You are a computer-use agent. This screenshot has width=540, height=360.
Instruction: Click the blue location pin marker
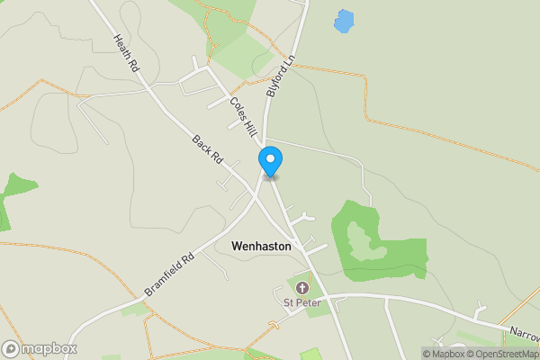pyautogui.click(x=270, y=160)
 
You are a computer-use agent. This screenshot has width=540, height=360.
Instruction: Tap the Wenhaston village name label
pyautogui.click(x=261, y=245)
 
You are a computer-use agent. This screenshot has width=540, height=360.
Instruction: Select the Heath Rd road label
pyautogui.click(x=126, y=54)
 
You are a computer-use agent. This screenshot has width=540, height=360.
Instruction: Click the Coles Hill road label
pyautogui.click(x=242, y=115)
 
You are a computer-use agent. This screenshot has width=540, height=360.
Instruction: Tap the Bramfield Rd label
pyautogui.click(x=168, y=274)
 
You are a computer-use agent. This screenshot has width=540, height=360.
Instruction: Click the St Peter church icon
pyautogui.click(x=301, y=288)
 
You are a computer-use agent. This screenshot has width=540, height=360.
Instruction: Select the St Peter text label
pyautogui.click(x=301, y=302)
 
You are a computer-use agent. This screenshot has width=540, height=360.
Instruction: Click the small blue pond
pyautogui.click(x=343, y=21)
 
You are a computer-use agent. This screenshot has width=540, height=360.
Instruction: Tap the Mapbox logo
pyautogui.click(x=40, y=348)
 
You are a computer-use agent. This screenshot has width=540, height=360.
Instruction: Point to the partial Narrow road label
pyautogui.click(x=522, y=334)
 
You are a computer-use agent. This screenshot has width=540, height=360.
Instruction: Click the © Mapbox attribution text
pyautogui.click(x=443, y=354)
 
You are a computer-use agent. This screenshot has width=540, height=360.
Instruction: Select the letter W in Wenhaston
pyautogui.click(x=237, y=245)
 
